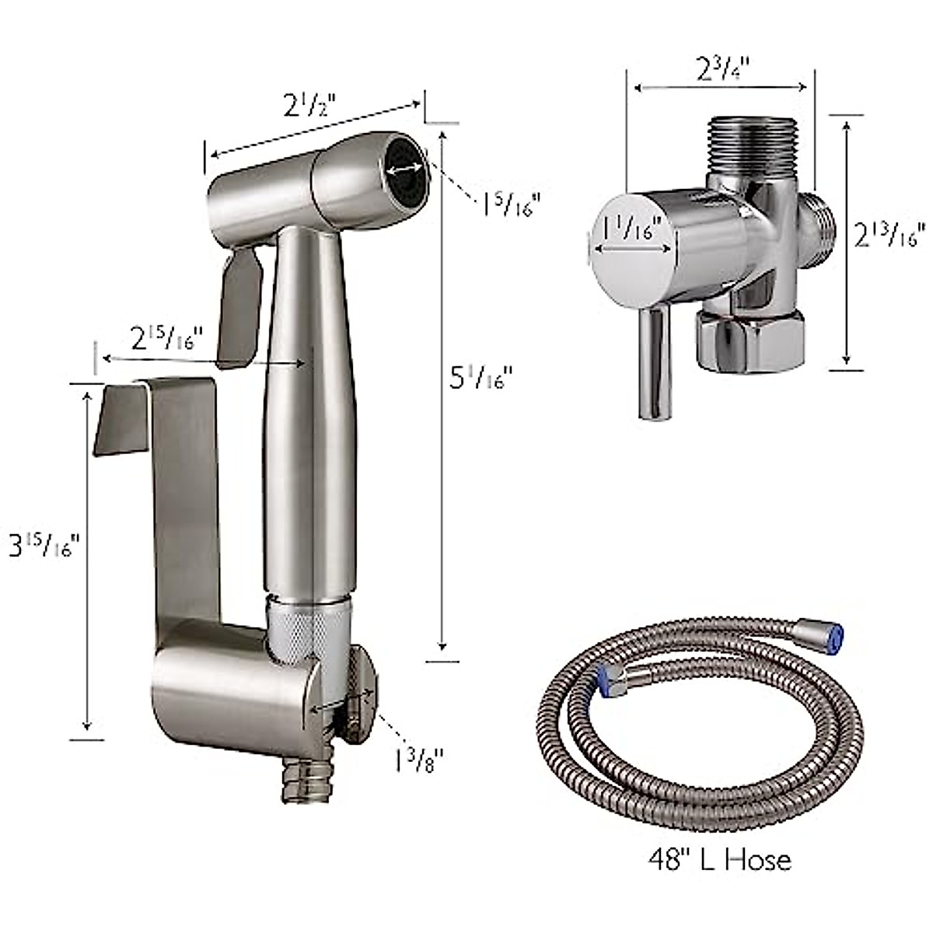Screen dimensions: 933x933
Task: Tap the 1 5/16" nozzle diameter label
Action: pos(510,204)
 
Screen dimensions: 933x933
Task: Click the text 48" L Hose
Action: pos(720,858)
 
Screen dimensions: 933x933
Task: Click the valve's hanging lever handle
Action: pos(654,362)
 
